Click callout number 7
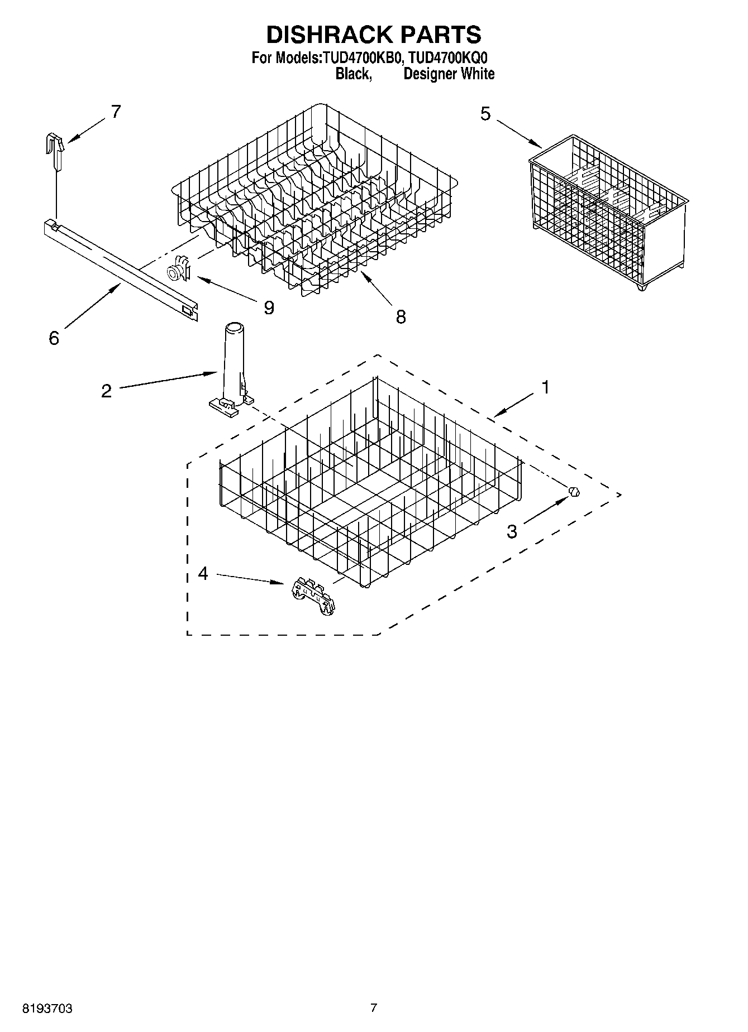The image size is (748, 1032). pos(116,112)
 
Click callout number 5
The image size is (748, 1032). pos(485,114)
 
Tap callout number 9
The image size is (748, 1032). pos(269,308)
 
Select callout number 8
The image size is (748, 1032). pos(401,317)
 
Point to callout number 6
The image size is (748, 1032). pos(54,338)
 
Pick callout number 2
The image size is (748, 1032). pos(106,390)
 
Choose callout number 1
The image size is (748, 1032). pos(545,387)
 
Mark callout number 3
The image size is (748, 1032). pos(512,531)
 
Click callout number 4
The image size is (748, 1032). pos(203,573)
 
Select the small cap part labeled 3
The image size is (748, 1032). pos(574,492)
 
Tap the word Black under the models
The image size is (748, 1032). pos(352,74)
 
